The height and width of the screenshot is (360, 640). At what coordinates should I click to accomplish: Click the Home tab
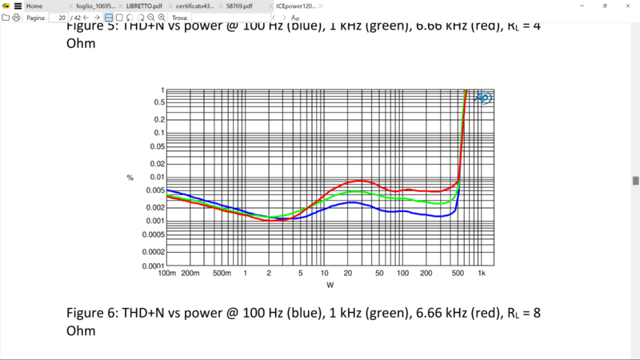pos(34,6)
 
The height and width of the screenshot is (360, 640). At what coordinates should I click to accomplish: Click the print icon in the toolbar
pos(16,17)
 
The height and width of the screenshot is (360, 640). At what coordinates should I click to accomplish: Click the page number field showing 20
pos(58,17)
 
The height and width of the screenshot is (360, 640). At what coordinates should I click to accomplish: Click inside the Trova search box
pos(232,17)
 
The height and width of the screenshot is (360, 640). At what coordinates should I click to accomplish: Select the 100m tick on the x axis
pos(166,274)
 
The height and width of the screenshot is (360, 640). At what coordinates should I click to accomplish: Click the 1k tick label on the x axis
pos(482,274)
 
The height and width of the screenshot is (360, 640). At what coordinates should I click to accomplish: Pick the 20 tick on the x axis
pos(349,274)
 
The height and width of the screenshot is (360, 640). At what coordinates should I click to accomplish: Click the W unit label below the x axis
pos(330,284)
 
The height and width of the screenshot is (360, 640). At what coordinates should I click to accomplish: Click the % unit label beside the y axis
pos(130,177)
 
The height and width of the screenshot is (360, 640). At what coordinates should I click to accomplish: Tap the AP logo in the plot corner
pos(483,98)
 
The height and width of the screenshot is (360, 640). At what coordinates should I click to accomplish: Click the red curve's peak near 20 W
pos(358,181)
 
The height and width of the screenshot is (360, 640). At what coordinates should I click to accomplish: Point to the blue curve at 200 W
pos(426,216)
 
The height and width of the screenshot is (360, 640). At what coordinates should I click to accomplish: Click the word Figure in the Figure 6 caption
pos(90,312)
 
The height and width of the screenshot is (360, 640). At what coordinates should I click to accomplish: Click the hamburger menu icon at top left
pos(18,6)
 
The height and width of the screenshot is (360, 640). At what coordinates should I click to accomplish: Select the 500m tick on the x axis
pos(222,274)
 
